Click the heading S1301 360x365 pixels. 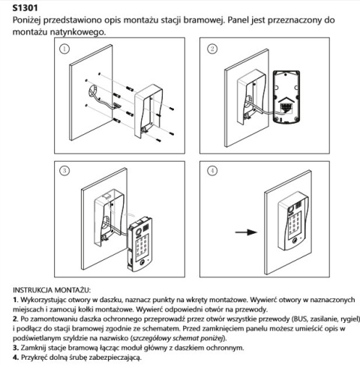pyautogui.click(x=27, y=7)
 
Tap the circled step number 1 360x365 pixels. pyautogui.click(x=65, y=50)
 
